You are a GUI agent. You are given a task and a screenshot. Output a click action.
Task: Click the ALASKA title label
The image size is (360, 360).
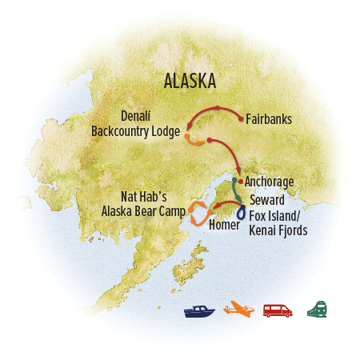point(190,81)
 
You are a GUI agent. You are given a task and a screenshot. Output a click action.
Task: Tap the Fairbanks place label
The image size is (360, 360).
point(269,120)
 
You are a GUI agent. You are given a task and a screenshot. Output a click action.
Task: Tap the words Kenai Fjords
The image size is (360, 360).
point(276,231)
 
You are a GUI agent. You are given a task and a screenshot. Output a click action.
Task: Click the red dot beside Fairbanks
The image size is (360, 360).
point(241,120)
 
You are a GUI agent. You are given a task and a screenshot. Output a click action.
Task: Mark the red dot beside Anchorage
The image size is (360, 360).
point(239,182)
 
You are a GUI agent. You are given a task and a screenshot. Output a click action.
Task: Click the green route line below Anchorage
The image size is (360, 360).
point(235,191)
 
